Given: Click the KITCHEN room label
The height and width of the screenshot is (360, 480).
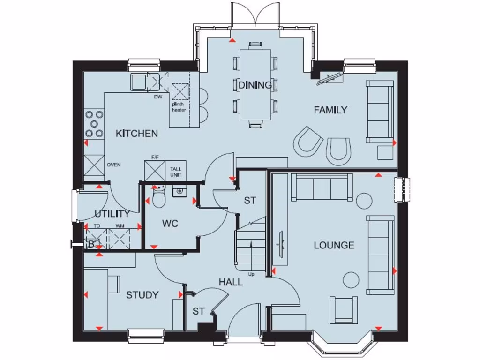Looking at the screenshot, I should [x=137, y=134].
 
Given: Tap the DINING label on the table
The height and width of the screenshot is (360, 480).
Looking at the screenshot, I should [x=255, y=85].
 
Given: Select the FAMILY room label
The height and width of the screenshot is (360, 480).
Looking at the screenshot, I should [x=330, y=110].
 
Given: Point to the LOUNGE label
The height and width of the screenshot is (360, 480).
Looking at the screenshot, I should [x=334, y=245].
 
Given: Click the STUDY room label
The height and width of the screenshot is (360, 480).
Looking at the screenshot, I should [x=142, y=295].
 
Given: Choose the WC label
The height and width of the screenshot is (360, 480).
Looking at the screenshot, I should [x=170, y=224].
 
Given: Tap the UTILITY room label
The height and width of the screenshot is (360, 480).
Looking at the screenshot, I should [x=112, y=214].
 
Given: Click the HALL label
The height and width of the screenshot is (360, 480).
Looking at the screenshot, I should [x=231, y=282].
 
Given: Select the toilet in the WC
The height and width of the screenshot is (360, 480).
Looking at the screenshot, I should [x=158, y=199].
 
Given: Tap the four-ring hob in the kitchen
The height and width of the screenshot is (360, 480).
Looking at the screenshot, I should [x=94, y=124].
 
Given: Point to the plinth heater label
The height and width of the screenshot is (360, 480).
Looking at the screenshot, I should [x=179, y=107].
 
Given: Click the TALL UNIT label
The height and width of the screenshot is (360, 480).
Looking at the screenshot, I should [x=176, y=172].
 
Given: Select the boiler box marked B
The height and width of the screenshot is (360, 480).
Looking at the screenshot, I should [x=91, y=244].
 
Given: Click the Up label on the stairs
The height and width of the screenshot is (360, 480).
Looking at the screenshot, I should [x=251, y=274].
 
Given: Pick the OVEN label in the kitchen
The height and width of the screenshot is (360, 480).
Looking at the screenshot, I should [x=114, y=165].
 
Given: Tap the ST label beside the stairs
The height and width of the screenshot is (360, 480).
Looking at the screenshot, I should [x=250, y=201].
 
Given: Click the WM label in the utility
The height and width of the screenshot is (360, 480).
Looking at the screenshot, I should [x=120, y=226].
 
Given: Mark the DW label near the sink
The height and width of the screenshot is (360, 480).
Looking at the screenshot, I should [x=157, y=97].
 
